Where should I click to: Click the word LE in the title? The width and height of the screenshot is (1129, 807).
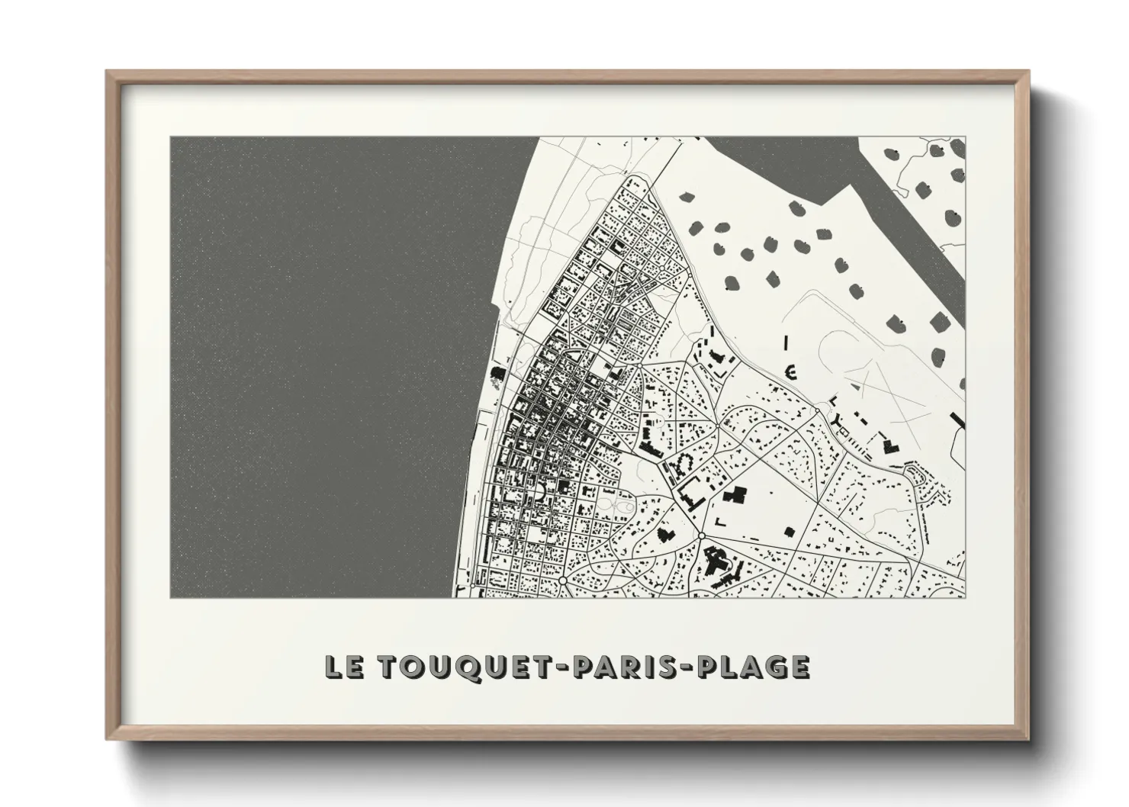pyautogui.click(x=340, y=666)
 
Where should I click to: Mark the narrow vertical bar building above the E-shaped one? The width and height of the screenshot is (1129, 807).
pyautogui.click(x=786, y=342)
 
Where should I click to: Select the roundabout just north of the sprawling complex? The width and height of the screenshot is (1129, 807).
pyautogui.click(x=700, y=537)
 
